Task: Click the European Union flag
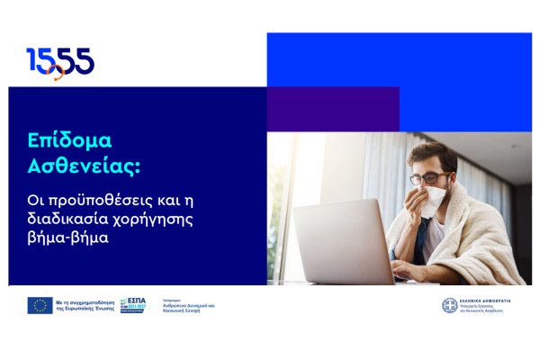tap(39, 305)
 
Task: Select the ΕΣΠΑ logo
tap(133, 304)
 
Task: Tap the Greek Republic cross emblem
tap(450, 305)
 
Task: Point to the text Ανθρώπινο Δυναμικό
tap(186, 304)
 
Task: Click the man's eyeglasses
tap(428, 177)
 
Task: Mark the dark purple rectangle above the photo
tap(332, 109)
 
